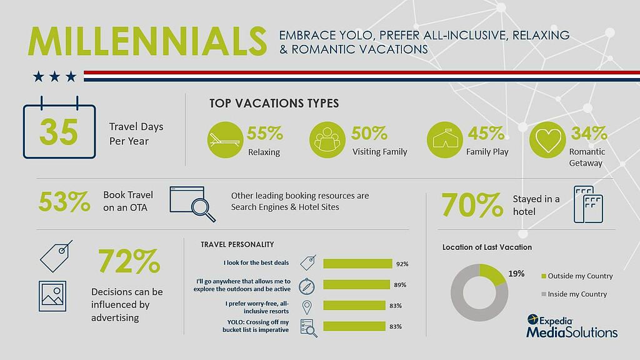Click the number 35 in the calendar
(59, 132)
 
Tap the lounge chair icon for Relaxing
(225, 140)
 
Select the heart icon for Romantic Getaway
(547, 140)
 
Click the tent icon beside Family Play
(445, 140)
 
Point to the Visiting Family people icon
(327, 140)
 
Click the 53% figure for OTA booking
(64, 202)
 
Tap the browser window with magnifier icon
(192, 204)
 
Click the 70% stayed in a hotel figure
(472, 205)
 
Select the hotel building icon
(588, 204)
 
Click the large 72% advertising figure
(129, 261)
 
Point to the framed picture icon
(52, 296)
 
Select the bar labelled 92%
(357, 264)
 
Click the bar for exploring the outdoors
(356, 284)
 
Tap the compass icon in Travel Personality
(306, 286)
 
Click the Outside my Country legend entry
(577, 276)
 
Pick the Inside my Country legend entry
(574, 294)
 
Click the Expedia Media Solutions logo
(572, 326)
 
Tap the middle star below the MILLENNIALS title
(55, 76)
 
